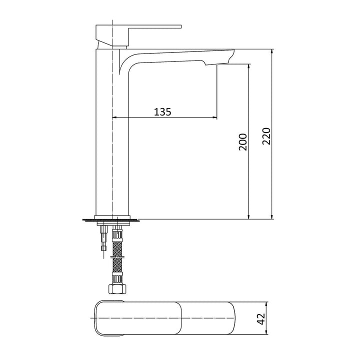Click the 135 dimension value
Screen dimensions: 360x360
(162, 111)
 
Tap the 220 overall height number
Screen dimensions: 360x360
(266, 136)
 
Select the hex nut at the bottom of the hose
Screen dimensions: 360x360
(117, 287)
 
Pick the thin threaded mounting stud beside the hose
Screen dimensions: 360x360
(103, 237)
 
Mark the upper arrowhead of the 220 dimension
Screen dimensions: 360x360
(272, 52)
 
